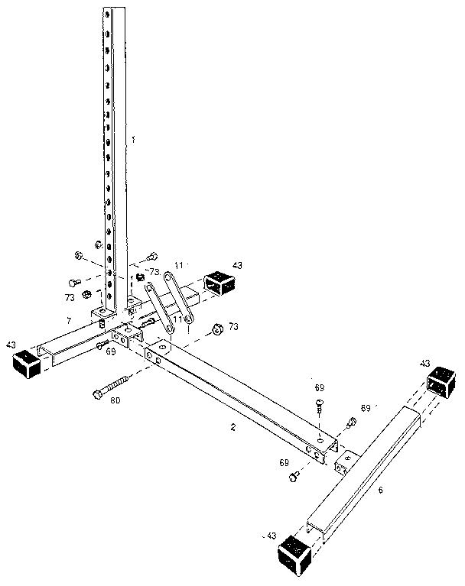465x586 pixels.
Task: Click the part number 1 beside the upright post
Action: tap(133, 140)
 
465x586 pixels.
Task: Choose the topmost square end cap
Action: tap(219, 283)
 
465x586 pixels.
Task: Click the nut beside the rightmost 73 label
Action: tap(216, 329)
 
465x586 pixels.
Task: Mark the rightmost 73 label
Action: tap(234, 326)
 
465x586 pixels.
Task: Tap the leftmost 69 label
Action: tap(110, 351)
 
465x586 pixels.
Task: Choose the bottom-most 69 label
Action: tap(284, 463)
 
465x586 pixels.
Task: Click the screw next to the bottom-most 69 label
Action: tap(294, 476)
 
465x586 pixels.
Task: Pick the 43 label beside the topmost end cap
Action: tap(237, 265)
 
